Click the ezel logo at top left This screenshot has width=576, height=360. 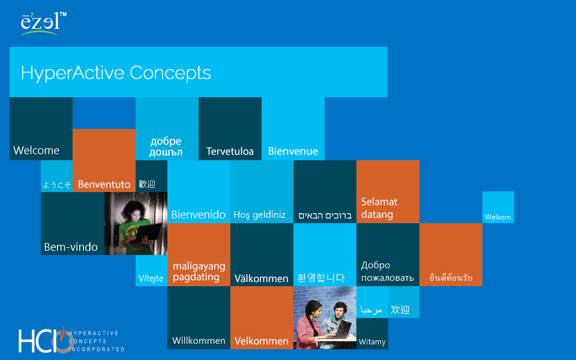click(x=43, y=23)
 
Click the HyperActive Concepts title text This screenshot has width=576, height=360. click(x=116, y=73)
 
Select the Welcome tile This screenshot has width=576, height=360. click(x=41, y=128)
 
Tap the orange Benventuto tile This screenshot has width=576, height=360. click(x=104, y=160)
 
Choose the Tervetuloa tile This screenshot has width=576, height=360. click(x=230, y=128)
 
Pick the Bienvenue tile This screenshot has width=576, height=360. click(x=293, y=128)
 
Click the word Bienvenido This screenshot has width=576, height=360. click(x=199, y=215)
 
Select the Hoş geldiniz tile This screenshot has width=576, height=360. click(x=262, y=192)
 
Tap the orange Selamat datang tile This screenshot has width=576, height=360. click(x=388, y=192)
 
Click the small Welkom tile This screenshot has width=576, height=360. click(x=498, y=207)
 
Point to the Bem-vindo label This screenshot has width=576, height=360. click(x=71, y=247)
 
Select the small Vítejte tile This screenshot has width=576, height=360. click(x=151, y=271)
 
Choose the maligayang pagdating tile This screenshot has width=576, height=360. click(x=199, y=254)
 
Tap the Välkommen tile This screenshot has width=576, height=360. click(x=262, y=254)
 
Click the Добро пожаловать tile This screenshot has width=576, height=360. click(x=388, y=254)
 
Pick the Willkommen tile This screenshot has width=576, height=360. click(x=199, y=318)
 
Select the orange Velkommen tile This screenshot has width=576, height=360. click(x=262, y=318)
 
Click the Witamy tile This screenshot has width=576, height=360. click(x=372, y=334)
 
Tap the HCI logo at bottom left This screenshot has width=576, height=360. click(x=71, y=338)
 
